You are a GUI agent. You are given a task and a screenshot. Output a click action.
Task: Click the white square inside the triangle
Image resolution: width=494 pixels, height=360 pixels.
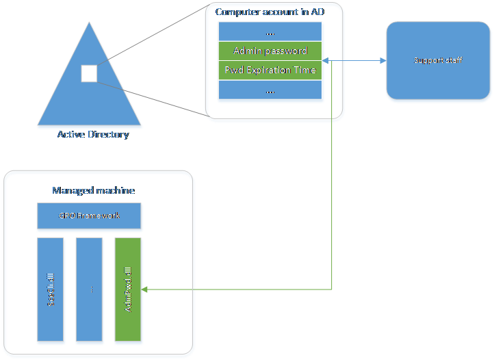[x=89, y=73]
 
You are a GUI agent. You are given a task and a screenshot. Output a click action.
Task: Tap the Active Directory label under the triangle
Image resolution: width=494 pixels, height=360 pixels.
[x=92, y=135]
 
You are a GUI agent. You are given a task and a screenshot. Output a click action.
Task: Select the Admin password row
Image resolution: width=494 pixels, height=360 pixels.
[x=270, y=51]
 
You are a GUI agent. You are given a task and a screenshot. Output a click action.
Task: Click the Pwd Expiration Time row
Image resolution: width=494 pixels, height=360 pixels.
[x=270, y=70]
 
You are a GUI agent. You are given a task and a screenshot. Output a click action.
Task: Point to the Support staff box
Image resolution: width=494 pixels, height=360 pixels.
[x=437, y=62]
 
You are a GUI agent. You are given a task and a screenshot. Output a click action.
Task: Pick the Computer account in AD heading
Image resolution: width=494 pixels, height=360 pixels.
[x=269, y=12]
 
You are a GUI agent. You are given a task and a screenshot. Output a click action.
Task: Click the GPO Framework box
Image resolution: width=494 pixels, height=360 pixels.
[x=89, y=216]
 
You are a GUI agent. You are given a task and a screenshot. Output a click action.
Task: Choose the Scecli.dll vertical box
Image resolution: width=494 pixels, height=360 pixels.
[x=51, y=290]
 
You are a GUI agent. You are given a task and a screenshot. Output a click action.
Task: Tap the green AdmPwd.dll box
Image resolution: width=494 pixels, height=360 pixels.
[x=128, y=290]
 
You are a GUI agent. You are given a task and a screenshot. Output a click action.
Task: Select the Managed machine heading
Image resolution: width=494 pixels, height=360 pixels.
[x=93, y=190]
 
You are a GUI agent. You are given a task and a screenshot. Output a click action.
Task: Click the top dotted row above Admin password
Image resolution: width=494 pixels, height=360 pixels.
[x=270, y=31]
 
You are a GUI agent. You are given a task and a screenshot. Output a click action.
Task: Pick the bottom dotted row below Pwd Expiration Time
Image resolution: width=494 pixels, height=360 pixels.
[x=270, y=90]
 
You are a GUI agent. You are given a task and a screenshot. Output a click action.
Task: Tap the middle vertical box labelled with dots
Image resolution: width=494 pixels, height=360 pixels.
[x=90, y=290]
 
